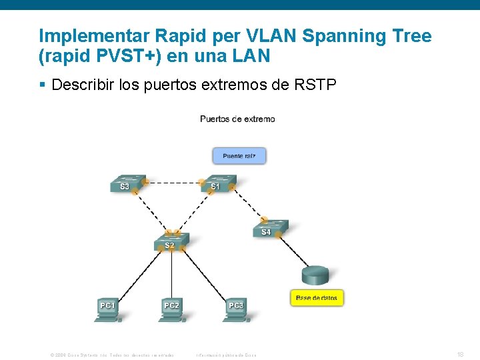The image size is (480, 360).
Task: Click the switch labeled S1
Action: tap(218, 183)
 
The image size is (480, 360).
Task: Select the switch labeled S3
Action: tap(128, 183)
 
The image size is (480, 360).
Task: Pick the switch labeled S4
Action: tap(270, 228)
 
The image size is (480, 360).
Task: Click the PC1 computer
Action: tap(107, 309)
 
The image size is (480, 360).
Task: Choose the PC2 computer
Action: tap(172, 309)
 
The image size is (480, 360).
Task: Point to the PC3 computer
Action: tap(237, 309)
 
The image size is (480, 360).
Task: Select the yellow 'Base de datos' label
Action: tap(317, 298)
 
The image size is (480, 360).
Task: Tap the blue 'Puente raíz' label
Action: tap(239, 156)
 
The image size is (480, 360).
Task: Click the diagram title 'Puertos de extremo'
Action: tap(237, 119)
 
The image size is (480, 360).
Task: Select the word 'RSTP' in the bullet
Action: tap(313, 85)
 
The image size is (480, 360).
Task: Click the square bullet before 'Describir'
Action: tap(42, 85)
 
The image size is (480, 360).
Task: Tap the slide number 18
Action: tap(460, 355)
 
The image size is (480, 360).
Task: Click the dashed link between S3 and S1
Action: tap(172, 181)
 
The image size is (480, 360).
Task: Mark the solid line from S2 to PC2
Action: tap(172, 273)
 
